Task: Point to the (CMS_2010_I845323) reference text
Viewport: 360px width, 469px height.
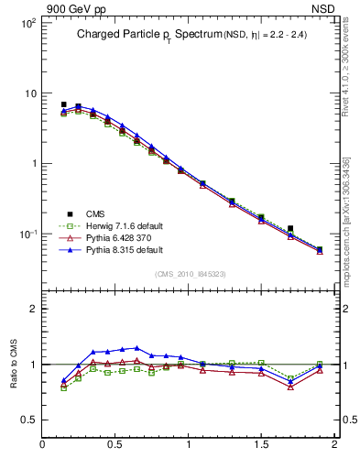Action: (x=189, y=274)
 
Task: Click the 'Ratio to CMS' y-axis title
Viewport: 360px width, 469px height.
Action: (x=13, y=364)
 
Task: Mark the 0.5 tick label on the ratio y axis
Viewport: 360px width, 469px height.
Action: (x=28, y=420)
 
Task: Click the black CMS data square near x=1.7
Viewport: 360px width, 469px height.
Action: (x=290, y=228)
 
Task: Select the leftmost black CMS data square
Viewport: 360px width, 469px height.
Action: (x=63, y=104)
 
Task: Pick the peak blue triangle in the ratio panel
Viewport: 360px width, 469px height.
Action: (x=136, y=348)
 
